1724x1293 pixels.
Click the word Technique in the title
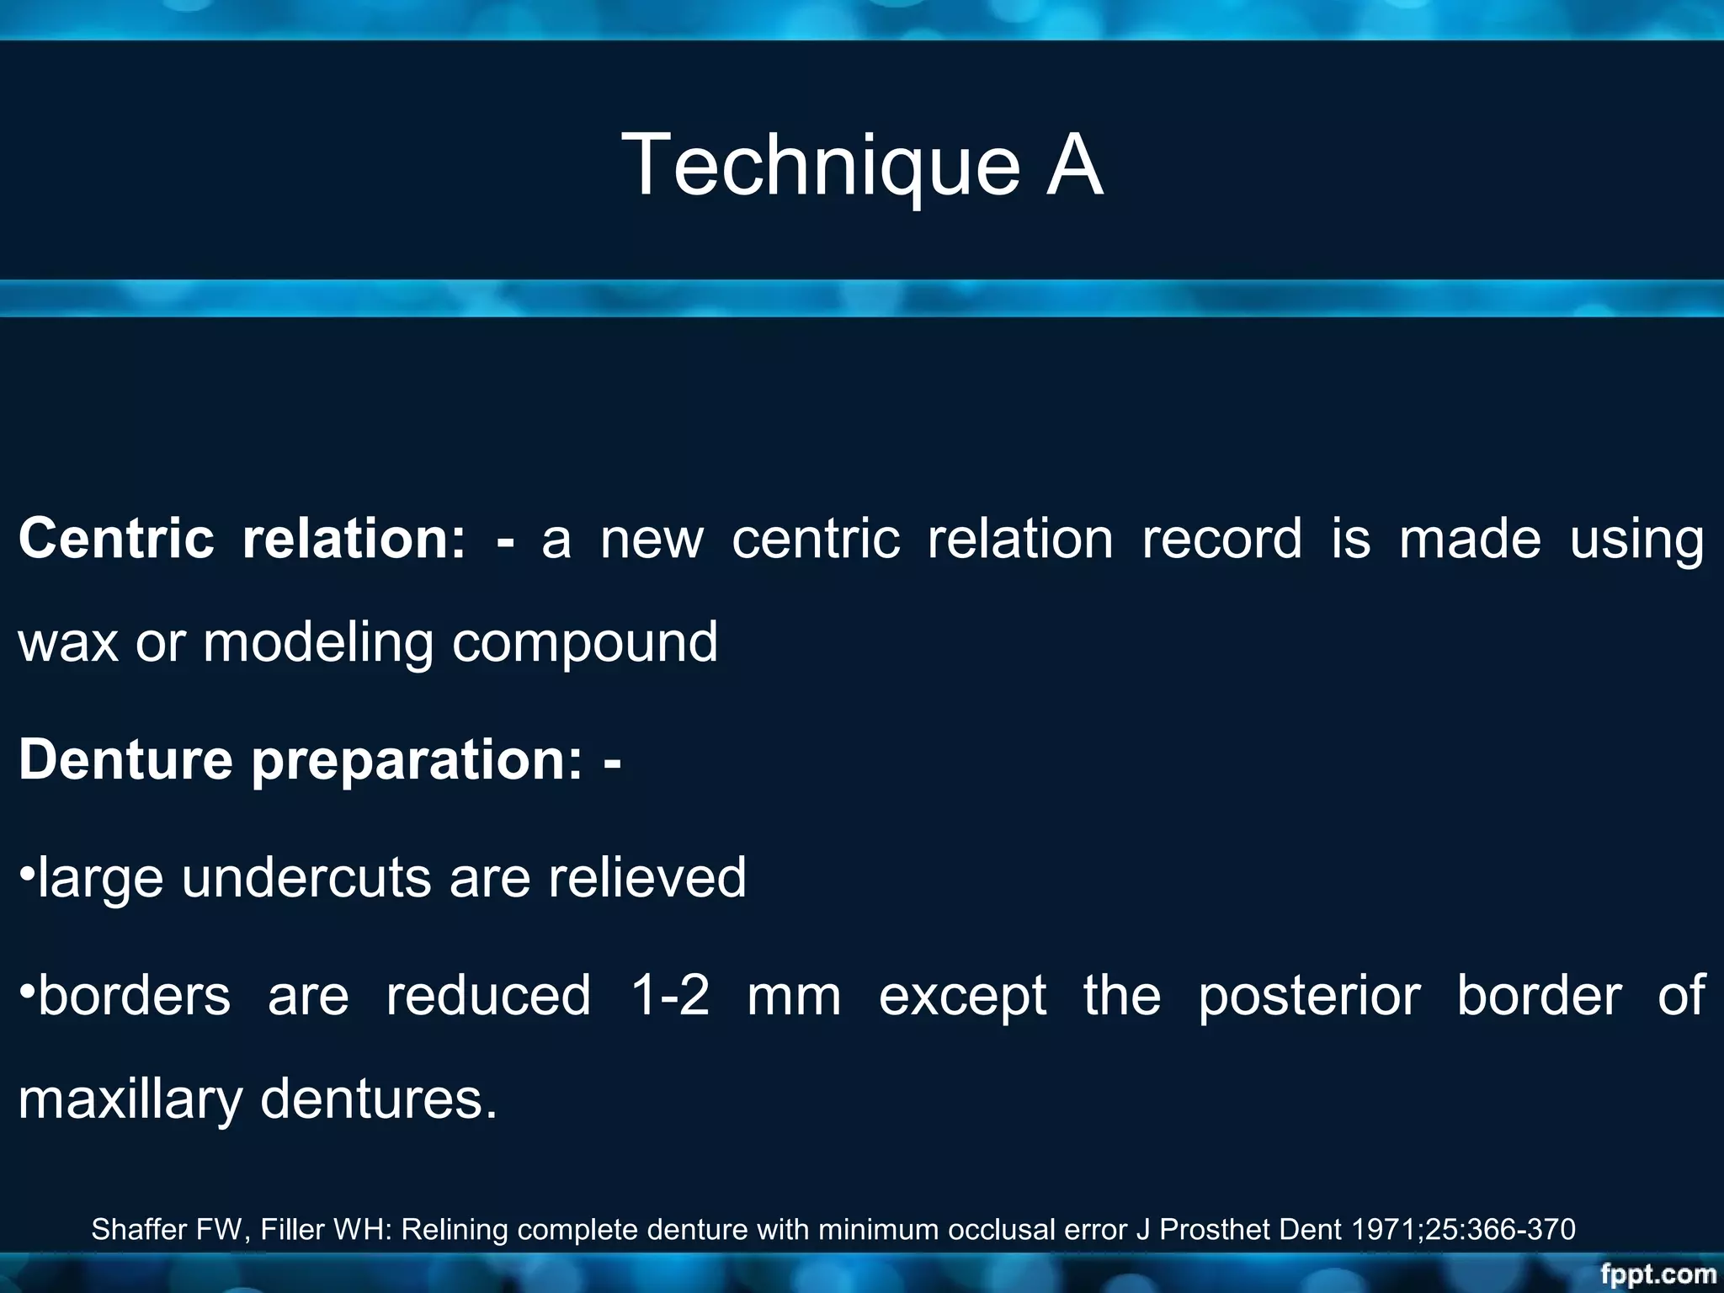(x=821, y=166)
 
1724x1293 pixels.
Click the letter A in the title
(x=1073, y=166)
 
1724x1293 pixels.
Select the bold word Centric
(x=116, y=539)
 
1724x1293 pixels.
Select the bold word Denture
(x=125, y=759)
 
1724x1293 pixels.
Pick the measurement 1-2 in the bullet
(x=671, y=996)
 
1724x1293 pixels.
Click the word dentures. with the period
(x=379, y=1099)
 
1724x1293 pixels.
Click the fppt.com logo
(x=1657, y=1274)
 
